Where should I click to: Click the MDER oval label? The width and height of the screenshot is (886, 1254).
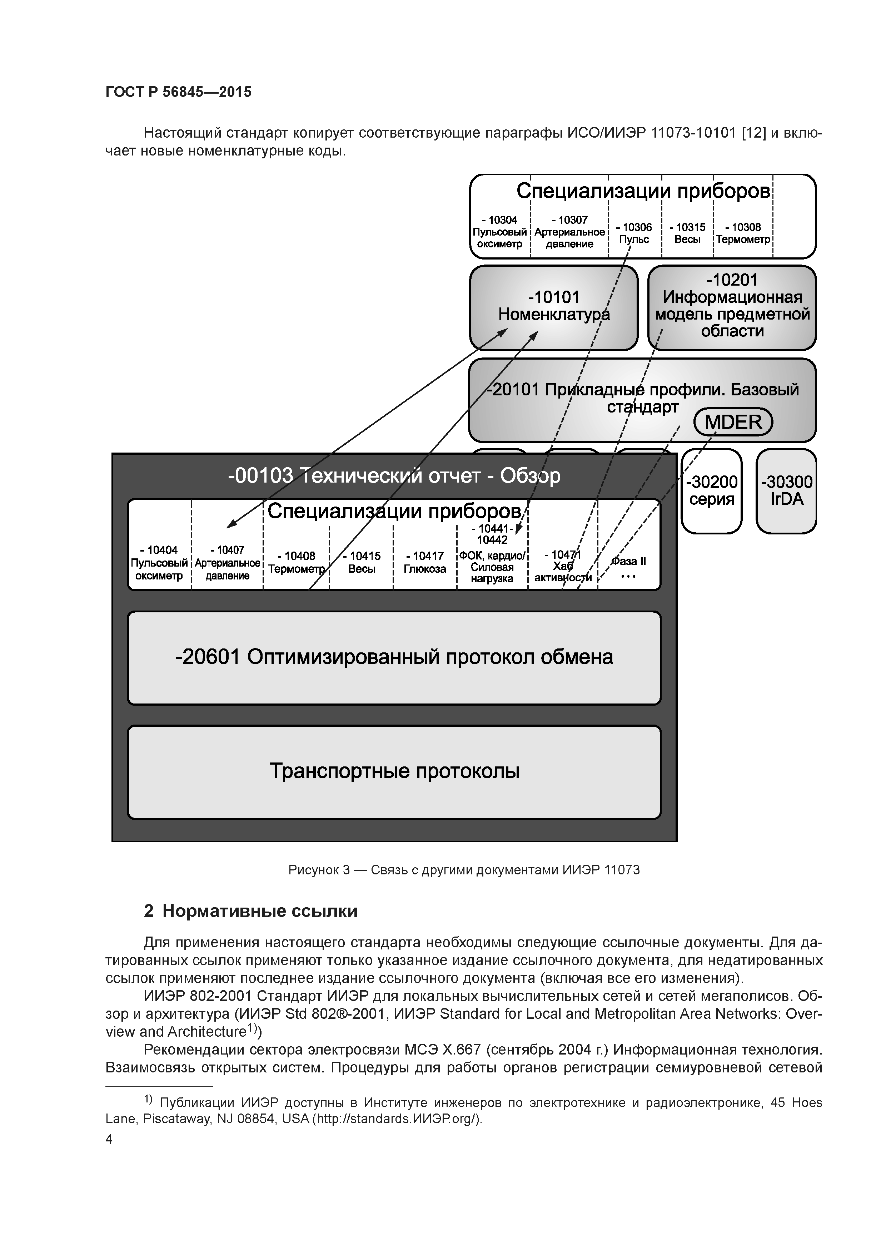(733, 422)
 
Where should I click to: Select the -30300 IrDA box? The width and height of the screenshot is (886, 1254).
(786, 490)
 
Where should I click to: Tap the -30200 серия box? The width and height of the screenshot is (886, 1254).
(711, 490)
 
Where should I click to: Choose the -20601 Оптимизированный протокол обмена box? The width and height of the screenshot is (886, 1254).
(394, 657)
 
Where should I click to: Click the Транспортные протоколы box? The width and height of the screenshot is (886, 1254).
(394, 771)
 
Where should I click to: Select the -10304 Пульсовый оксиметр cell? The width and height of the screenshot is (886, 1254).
(499, 232)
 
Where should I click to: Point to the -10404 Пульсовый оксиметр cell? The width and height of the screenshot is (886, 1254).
(159, 563)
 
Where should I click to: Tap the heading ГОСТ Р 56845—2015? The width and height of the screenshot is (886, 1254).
(179, 92)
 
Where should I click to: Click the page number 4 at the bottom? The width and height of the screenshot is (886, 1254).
(109, 1139)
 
